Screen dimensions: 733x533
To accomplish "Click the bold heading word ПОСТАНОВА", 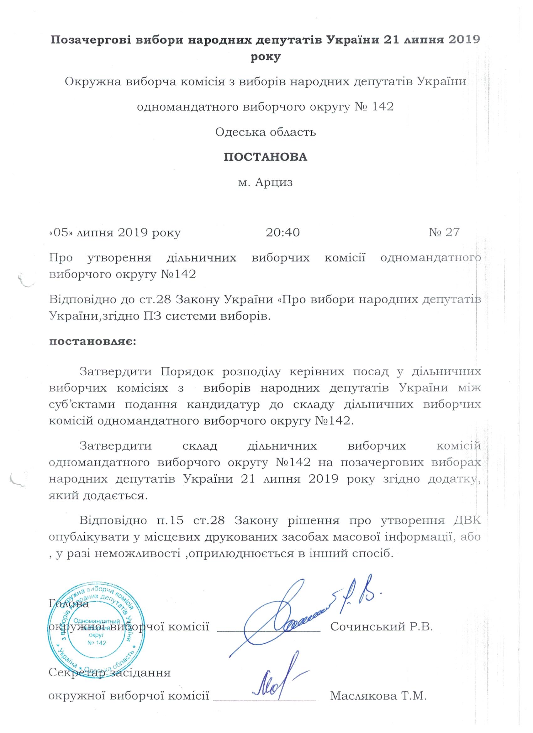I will click(266, 157).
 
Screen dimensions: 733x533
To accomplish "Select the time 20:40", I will click(283, 233).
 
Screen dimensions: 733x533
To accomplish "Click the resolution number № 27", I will click(444, 233).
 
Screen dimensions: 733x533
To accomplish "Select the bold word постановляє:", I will click(92, 342).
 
